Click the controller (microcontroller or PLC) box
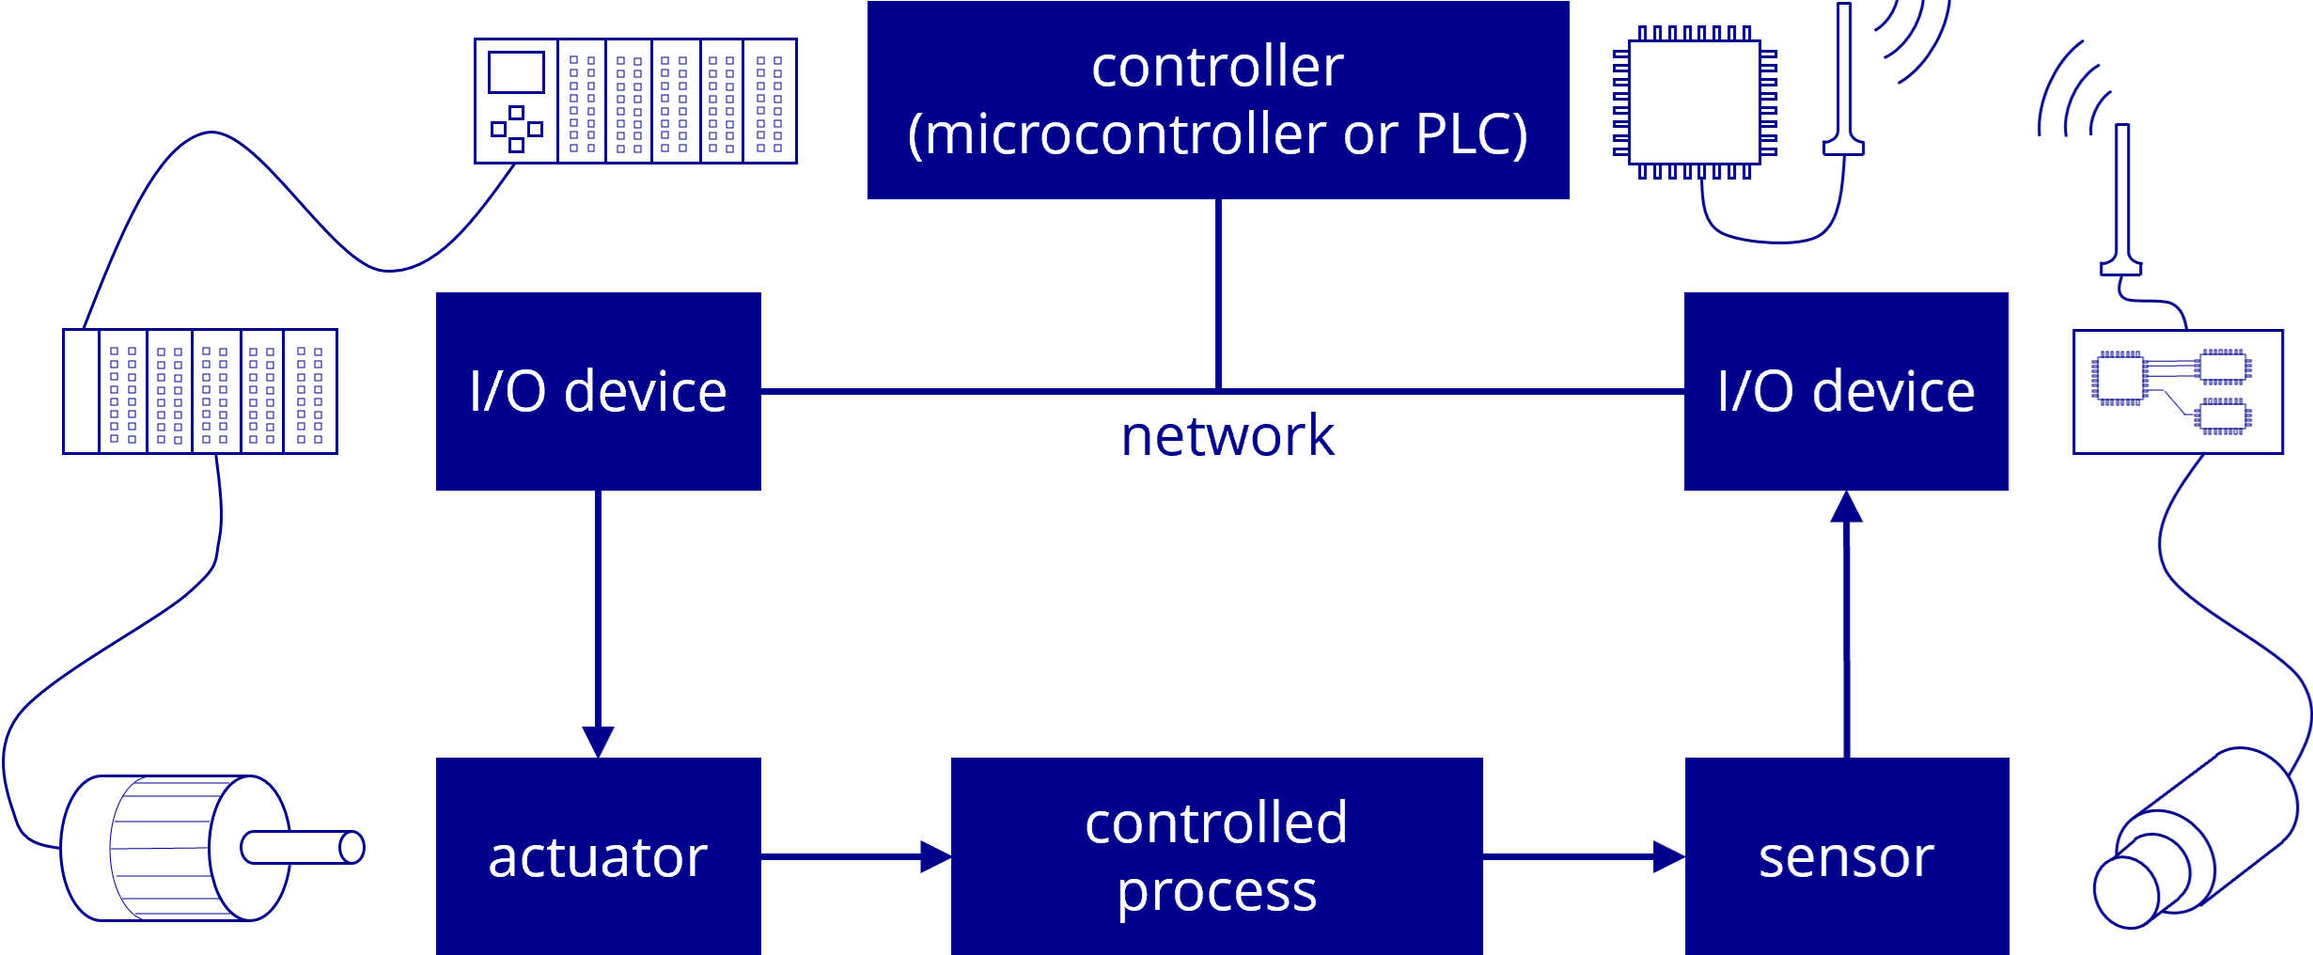coord(1217,100)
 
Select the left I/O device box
coord(598,391)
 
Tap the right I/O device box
coord(1845,391)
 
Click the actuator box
coord(598,856)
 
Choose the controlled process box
coord(1216,856)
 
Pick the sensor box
coord(1846,856)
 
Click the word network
coord(1227,436)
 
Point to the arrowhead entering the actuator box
coord(598,741)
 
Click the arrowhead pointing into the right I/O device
coord(1846,508)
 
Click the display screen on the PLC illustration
coord(516,72)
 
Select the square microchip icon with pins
coord(1694,102)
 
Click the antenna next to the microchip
coord(1843,80)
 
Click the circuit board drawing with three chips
coord(2177,392)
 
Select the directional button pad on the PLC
coord(516,129)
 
